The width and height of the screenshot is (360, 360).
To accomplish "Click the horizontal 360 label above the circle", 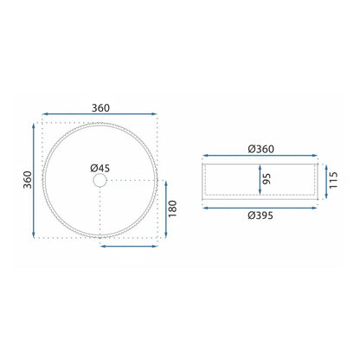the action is point(100,108).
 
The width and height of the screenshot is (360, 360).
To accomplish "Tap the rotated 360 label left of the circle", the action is point(28,180).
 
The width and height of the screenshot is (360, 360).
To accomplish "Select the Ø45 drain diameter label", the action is point(100,168).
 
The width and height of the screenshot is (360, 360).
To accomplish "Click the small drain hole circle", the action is point(100,180).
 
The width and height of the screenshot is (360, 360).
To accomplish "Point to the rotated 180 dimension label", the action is point(172,209).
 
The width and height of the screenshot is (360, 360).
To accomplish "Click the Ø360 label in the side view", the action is point(260,149).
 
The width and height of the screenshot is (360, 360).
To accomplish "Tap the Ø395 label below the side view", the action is point(260,215).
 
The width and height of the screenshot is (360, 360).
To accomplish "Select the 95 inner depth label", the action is point(267,179).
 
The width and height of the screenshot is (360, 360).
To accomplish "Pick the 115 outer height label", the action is point(333,180).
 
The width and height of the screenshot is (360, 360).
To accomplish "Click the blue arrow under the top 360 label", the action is point(100,114).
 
